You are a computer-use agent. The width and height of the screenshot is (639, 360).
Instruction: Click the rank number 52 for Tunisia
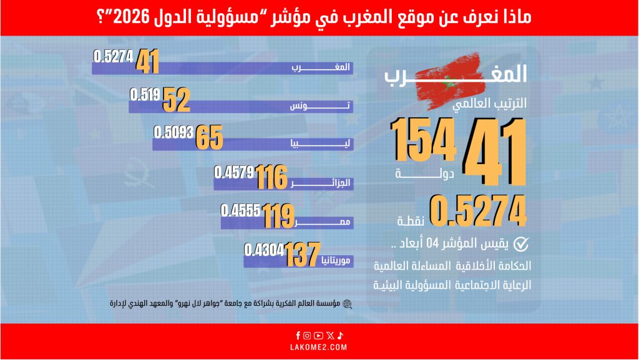pos(176,100)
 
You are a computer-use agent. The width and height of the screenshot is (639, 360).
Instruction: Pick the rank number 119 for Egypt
pos(278,216)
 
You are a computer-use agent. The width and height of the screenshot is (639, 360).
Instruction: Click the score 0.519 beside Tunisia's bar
pos(145,94)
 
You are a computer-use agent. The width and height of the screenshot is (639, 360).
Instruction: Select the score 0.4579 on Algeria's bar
pos(233,171)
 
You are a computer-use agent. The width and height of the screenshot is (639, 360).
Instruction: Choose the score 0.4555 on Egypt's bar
pos(241,210)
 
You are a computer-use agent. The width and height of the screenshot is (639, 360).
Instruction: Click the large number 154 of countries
pos(423,142)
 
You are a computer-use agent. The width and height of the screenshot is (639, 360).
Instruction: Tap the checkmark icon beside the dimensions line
pos(520,244)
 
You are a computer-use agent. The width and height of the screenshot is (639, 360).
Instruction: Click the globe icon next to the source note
pos(347,304)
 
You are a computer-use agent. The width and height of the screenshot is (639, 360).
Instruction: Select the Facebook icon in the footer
pos(299,335)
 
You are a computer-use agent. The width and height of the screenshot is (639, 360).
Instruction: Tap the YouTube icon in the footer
pos(319,335)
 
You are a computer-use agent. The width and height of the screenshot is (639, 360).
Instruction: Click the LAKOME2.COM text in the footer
pos(319,347)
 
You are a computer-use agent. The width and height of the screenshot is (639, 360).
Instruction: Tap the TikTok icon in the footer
pos(340,335)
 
